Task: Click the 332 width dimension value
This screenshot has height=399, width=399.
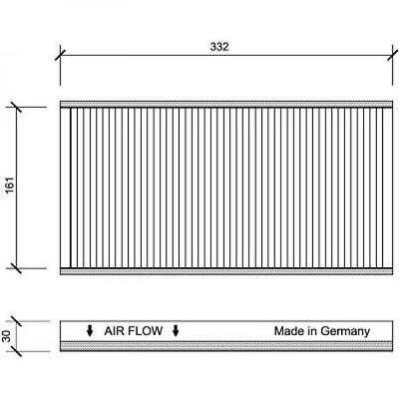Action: pyautogui.click(x=219, y=47)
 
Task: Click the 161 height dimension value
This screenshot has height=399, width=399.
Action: pyautogui.click(x=10, y=185)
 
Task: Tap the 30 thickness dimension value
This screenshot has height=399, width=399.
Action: pyautogui.click(x=7, y=336)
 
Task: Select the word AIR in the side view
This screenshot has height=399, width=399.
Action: pyautogui.click(x=115, y=331)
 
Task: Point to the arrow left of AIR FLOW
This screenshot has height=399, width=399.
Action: pyautogui.click(x=90, y=331)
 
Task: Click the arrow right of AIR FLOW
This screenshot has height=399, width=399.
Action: pyautogui.click(x=176, y=331)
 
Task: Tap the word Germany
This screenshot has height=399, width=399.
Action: pyautogui.click(x=345, y=331)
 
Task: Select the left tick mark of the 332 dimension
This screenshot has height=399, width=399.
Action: pyautogui.click(x=60, y=55)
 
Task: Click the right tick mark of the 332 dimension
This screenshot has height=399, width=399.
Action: pyautogui.click(x=393, y=55)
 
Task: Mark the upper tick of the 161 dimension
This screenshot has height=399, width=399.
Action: pyautogui.click(x=16, y=107)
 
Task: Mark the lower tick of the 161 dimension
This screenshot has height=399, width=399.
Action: pyautogui.click(x=16, y=268)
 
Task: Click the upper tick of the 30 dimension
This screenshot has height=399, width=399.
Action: pyautogui.click(x=16, y=321)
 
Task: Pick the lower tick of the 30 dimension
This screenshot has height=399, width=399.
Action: pyautogui.click(x=16, y=351)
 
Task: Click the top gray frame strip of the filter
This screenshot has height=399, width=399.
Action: pyautogui.click(x=226, y=105)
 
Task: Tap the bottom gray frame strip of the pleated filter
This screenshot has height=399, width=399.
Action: pyautogui.click(x=226, y=271)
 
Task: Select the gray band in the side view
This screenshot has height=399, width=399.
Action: pyautogui.click(x=226, y=346)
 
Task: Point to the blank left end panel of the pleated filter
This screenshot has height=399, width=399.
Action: pyautogui.click(x=65, y=188)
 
